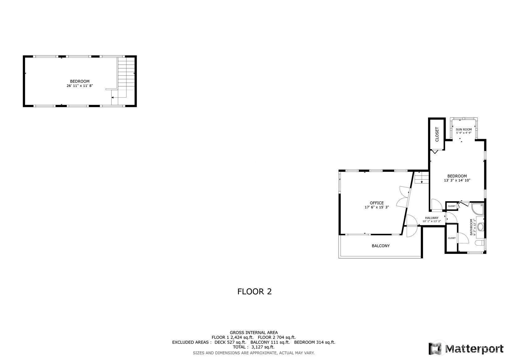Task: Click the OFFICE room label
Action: tap(376, 203)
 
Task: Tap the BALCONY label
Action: tap(381, 246)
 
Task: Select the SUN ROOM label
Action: tap(464, 129)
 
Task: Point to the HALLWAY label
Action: tap(431, 218)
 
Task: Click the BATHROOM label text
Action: tap(471, 227)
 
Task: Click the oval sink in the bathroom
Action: tap(480, 227)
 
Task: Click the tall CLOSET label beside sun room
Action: tap(437, 135)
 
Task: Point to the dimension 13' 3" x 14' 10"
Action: tap(457, 180)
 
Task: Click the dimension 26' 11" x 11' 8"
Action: tap(79, 86)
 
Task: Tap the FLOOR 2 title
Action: tap(254, 292)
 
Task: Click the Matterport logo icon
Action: tap(435, 349)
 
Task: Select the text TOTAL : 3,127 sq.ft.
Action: tap(254, 347)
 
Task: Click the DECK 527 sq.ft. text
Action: tap(230, 342)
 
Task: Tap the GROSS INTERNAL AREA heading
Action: tap(254, 332)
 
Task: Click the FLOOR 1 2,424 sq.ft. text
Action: tap(232, 337)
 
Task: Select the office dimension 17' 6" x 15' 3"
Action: tap(376, 207)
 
